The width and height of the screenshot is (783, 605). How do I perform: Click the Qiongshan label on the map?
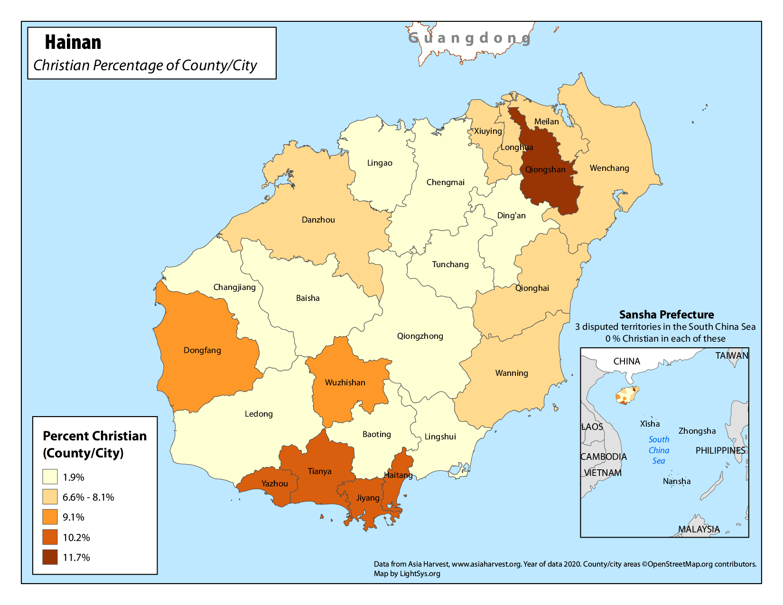click(545, 169)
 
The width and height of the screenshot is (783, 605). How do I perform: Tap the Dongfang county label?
click(202, 350)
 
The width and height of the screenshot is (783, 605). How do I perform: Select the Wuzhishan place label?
click(345, 382)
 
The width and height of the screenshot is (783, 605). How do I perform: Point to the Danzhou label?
click(318, 220)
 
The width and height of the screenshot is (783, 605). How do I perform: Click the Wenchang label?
click(609, 168)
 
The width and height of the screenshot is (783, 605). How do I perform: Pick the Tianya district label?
click(319, 471)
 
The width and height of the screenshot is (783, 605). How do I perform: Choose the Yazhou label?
click(275, 484)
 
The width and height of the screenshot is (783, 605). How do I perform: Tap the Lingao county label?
click(380, 163)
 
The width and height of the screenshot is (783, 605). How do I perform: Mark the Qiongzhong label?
click(420, 336)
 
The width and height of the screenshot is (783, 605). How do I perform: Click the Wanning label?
click(512, 373)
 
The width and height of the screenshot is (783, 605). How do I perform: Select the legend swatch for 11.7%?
click(50, 557)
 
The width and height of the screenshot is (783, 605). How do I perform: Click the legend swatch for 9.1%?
click(50, 517)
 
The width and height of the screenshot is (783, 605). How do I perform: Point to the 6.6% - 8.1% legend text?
click(88, 497)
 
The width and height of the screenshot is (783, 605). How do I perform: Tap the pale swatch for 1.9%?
click(50, 476)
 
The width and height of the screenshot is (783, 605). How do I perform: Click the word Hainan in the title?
click(73, 42)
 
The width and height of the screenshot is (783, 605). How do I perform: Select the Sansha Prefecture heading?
click(666, 315)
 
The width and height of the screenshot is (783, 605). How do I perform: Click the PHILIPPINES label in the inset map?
click(720, 450)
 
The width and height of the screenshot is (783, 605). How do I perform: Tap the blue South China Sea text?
click(659, 450)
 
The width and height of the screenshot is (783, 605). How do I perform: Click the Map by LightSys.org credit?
click(407, 573)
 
